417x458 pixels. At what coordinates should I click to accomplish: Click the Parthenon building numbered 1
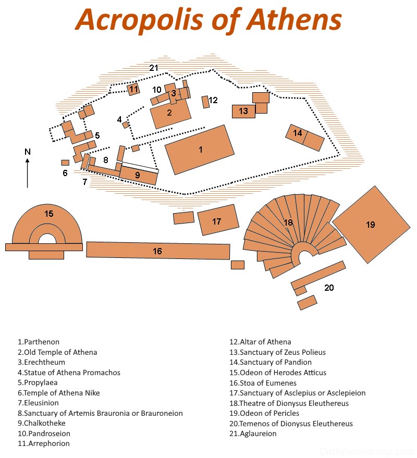pos(200,150)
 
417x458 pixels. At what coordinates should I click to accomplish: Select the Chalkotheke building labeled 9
pos(138,175)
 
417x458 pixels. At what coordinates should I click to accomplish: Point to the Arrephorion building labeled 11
pos(134,89)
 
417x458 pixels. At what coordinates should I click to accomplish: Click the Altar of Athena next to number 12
pos(205,102)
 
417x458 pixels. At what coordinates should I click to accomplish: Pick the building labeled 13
pos(243,111)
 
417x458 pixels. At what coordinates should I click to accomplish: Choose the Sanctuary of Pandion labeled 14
pos(305,138)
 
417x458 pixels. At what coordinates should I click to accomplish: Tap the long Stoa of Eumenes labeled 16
pos(158,251)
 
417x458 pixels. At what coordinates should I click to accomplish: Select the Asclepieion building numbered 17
pos(218,220)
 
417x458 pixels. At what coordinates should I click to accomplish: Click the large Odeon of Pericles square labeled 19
pos(371,225)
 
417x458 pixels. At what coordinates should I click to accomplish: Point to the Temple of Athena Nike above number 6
pos(65,163)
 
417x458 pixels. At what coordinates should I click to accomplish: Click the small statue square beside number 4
pos(126,125)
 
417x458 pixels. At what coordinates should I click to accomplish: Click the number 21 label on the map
pos(153,68)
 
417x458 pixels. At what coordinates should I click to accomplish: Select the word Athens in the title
pos(294,19)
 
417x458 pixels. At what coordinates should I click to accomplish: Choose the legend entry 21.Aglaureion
pos(253,434)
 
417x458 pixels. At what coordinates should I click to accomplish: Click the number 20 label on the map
pos(329,287)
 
